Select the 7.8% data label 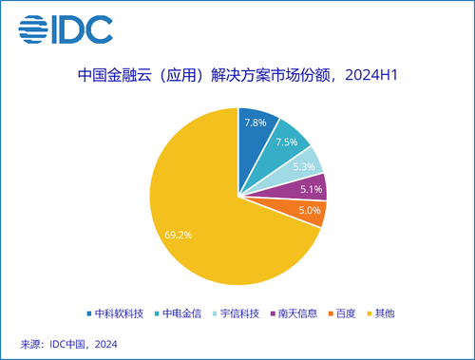[255, 123]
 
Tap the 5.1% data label [312, 188]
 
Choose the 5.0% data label [310, 211]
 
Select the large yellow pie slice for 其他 [190, 209]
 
